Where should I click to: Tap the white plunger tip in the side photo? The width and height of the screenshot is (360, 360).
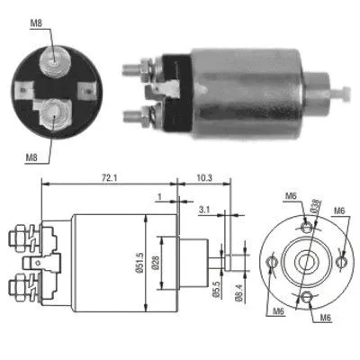click(344, 92)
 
